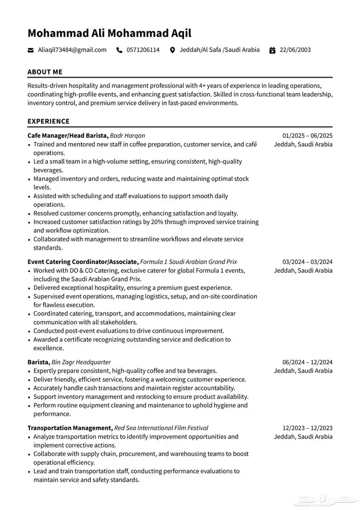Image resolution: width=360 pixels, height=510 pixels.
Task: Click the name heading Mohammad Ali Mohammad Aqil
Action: [x=109, y=33]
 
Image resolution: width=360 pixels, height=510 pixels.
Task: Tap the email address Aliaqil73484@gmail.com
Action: [x=72, y=50]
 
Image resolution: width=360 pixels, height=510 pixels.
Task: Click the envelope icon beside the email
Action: [x=30, y=50]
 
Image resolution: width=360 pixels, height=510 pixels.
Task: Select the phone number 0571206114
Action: [x=143, y=50]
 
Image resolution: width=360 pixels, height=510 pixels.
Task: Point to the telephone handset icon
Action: [x=120, y=50]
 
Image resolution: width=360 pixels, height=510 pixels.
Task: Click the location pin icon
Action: [x=172, y=50]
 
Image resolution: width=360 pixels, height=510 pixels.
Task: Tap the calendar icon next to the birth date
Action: [x=272, y=50]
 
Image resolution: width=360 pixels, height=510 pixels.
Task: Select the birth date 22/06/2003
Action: [x=295, y=50]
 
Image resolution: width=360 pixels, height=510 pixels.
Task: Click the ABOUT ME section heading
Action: [x=45, y=72]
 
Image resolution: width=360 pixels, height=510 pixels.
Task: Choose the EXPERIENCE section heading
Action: [x=48, y=121]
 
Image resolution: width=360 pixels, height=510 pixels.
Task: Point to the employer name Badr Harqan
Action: [x=128, y=135]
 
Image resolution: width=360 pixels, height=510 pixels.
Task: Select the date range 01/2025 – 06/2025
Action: [x=308, y=135]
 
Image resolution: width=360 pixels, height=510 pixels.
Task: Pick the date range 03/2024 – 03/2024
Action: [x=308, y=261]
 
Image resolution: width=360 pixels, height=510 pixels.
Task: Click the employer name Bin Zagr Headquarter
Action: [x=81, y=362]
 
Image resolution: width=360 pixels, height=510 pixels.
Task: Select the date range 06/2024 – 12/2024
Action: [x=308, y=362]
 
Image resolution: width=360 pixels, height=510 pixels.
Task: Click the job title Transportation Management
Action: [x=70, y=428]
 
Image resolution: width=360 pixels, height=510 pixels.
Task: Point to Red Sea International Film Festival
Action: [x=161, y=428]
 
